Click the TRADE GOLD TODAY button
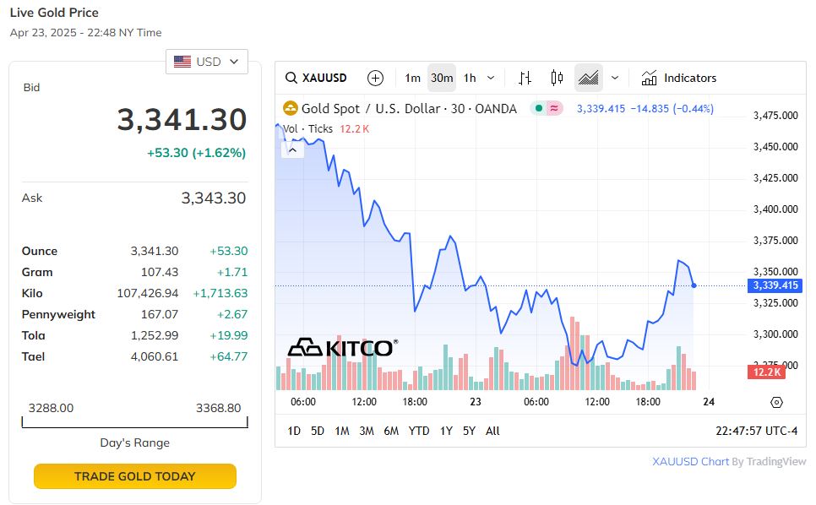click(134, 476)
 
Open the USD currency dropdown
click(207, 62)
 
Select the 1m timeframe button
click(412, 78)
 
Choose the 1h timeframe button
click(470, 78)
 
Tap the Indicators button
click(679, 78)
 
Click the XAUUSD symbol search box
click(317, 78)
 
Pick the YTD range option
click(419, 431)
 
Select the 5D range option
click(318, 431)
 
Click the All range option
click(492, 431)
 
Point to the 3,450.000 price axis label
click(775, 147)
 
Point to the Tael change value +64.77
click(228, 356)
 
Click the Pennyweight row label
click(58, 314)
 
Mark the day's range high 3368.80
click(218, 408)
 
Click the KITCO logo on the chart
click(342, 347)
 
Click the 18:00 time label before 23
click(415, 402)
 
